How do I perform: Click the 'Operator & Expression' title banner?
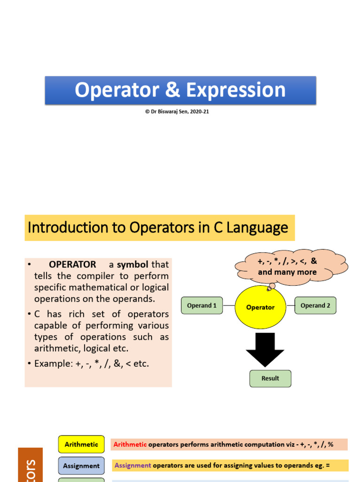pyautogui.click(x=180, y=90)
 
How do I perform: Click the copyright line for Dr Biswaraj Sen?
pyautogui.click(x=177, y=112)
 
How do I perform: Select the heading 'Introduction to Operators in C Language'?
pyautogui.click(x=158, y=228)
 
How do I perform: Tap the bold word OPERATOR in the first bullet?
pyautogui.click(x=72, y=265)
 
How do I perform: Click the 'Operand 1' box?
pyautogui.click(x=202, y=305)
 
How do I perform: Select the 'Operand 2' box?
pyautogui.click(x=315, y=305)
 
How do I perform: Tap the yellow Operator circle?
pyautogui.click(x=260, y=307)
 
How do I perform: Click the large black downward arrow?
pyautogui.click(x=265, y=349)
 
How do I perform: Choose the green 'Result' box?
pyautogui.click(x=270, y=378)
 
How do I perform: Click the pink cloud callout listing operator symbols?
pyautogui.click(x=288, y=267)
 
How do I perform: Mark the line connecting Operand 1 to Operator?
pyautogui.click(x=228, y=305)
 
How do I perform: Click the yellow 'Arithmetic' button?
pyautogui.click(x=81, y=444)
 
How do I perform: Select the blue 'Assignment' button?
pyautogui.click(x=81, y=466)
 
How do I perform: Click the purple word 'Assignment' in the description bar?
pyautogui.click(x=133, y=466)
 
